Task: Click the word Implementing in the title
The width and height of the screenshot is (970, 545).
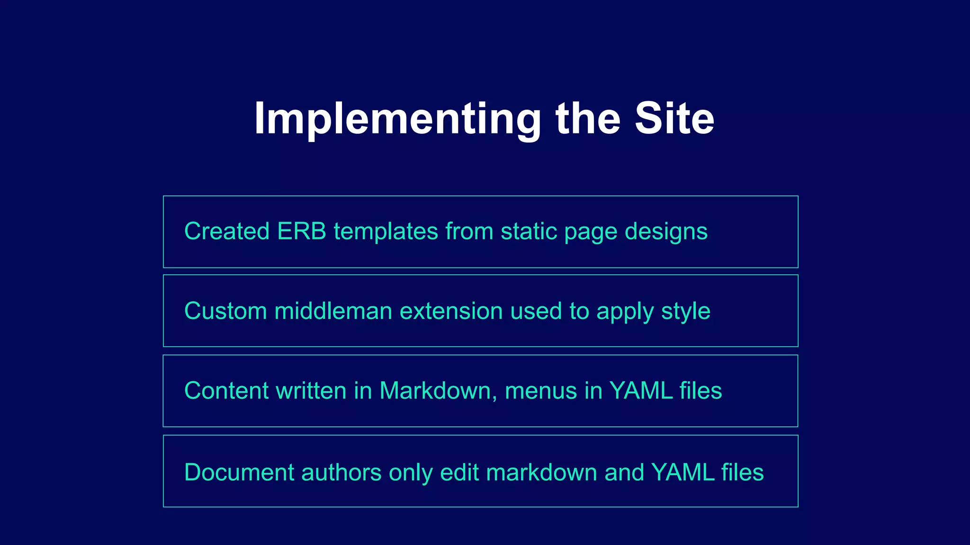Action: click(x=397, y=119)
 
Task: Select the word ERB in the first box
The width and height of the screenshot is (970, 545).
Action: click(x=302, y=231)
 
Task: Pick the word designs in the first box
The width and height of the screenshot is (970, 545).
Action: click(x=666, y=232)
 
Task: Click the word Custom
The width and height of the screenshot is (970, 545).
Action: click(x=225, y=311)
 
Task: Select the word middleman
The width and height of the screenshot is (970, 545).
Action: click(x=333, y=311)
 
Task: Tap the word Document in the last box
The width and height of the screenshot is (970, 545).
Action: click(x=239, y=472)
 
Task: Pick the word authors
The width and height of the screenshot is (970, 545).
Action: click(x=341, y=472)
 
